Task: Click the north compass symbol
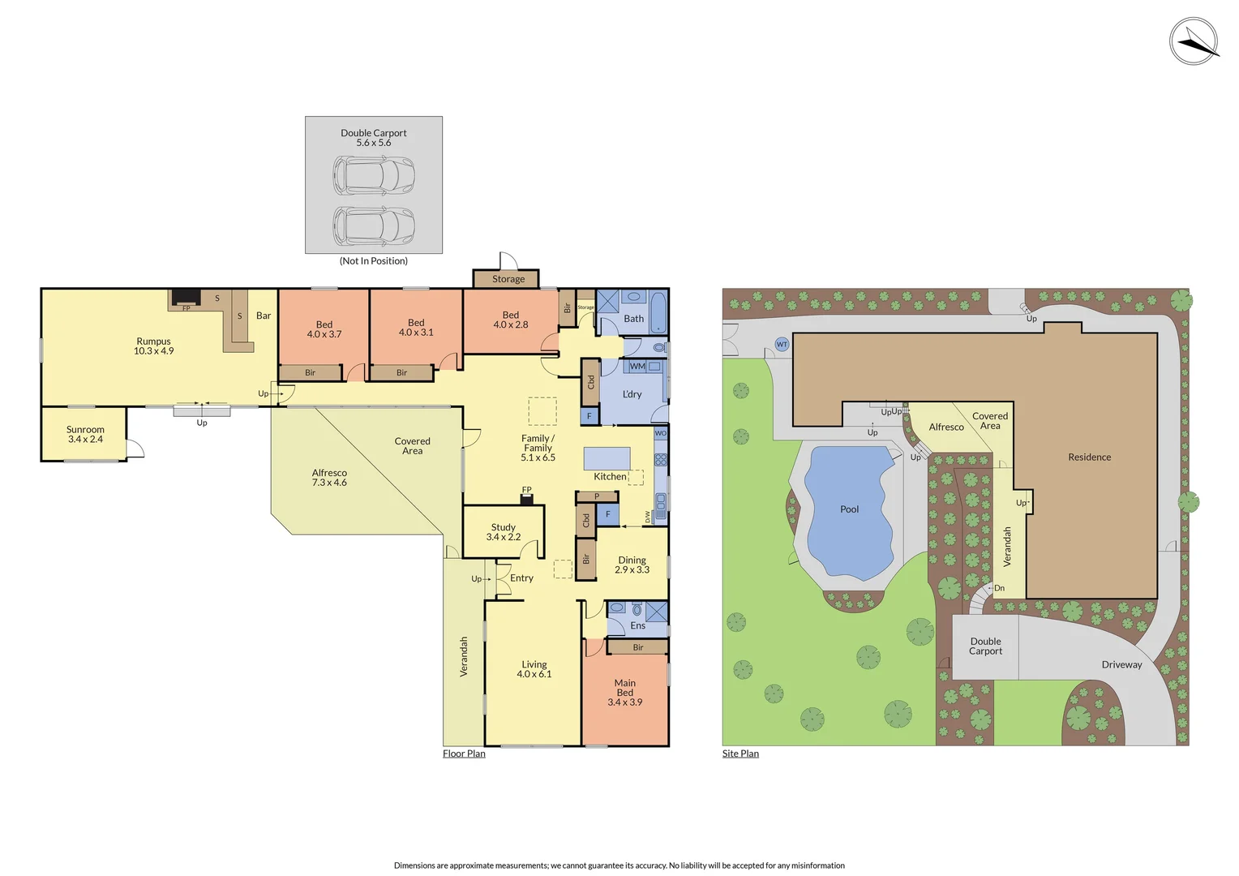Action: [1194, 41]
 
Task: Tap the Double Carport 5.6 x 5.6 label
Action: [373, 138]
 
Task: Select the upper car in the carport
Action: [374, 174]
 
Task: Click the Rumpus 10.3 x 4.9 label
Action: [153, 346]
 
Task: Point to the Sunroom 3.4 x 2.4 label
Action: [85, 435]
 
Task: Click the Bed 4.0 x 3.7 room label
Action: [324, 329]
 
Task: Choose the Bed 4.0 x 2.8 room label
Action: [510, 320]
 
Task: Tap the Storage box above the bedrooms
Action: [508, 279]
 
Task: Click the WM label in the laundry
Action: [637, 367]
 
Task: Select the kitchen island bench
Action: [607, 458]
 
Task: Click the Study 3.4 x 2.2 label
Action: [503, 532]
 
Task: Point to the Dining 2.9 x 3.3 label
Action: [632, 565]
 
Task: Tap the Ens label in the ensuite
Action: [637, 625]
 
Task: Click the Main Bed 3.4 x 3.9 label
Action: [624, 693]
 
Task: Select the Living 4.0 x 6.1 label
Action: [534, 669]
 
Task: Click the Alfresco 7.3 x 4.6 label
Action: [329, 478]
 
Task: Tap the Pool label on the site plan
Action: [849, 509]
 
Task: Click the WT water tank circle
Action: [782, 345]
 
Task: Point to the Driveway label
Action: [1121, 664]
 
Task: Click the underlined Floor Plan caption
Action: [464, 754]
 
